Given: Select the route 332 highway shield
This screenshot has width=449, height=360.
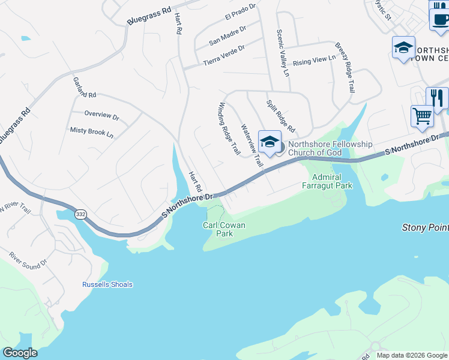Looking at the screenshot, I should (x=80, y=214).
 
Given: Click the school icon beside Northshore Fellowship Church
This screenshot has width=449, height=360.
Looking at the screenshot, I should (x=270, y=142).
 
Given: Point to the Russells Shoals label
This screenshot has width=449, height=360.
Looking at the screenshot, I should (x=107, y=284).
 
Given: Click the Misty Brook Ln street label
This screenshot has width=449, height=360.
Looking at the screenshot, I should (x=92, y=131).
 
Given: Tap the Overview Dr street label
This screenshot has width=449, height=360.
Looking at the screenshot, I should (x=102, y=114).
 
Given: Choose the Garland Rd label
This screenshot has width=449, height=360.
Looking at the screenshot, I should (x=85, y=87).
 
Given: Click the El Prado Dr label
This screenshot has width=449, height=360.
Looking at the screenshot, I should (x=240, y=11).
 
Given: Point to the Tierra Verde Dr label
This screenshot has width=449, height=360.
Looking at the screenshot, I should (x=224, y=56).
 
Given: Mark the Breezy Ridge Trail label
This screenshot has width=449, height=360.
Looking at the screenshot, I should (x=344, y=67).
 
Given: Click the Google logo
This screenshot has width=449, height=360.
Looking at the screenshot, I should (x=19, y=353).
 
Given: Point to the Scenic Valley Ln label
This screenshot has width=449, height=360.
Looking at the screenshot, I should (x=282, y=53).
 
